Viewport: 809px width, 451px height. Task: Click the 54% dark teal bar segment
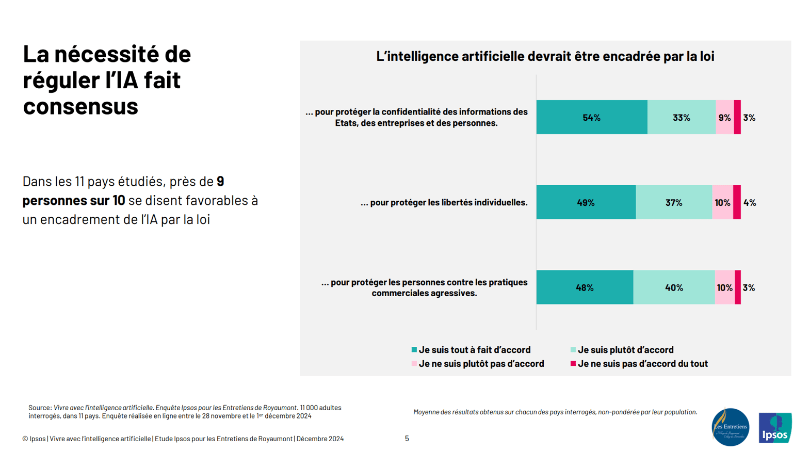pos(591,118)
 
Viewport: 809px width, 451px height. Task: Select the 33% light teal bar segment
pos(681,118)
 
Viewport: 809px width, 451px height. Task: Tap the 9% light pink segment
pos(724,118)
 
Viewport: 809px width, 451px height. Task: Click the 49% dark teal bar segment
pos(586,203)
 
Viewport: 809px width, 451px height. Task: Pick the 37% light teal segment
pos(673,203)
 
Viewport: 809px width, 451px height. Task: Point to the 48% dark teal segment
pos(585,287)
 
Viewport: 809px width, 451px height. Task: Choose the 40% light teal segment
pos(673,287)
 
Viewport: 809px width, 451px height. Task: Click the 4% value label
pos(750,203)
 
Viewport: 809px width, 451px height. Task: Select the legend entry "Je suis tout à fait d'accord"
pos(474,350)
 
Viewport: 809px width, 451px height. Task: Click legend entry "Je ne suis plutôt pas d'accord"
pos(481,364)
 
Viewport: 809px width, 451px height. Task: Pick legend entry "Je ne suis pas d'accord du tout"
pos(642,364)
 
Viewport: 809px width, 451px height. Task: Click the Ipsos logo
pos(775,427)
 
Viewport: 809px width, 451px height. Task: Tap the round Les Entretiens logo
pos(730,427)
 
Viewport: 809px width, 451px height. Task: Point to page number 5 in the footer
pos(407,439)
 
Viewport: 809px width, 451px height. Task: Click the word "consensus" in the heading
pos(81,106)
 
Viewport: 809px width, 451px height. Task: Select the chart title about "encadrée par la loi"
pos(545,56)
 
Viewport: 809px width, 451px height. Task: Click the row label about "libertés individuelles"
pos(444,203)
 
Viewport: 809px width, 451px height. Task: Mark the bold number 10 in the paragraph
pos(119,200)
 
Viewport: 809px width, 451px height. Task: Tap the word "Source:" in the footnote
pos(40,408)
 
